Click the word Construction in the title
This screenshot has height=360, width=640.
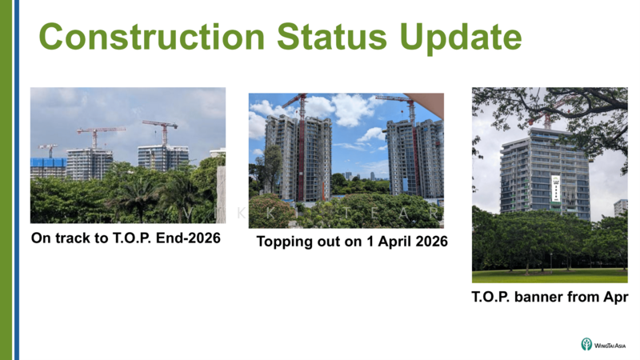pyautogui.click(x=152, y=38)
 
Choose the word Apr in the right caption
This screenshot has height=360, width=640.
pyautogui.click(x=614, y=297)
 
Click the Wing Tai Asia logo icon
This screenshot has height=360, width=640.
pyautogui.click(x=586, y=344)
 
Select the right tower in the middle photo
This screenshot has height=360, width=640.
pyautogui.click(x=414, y=156)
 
